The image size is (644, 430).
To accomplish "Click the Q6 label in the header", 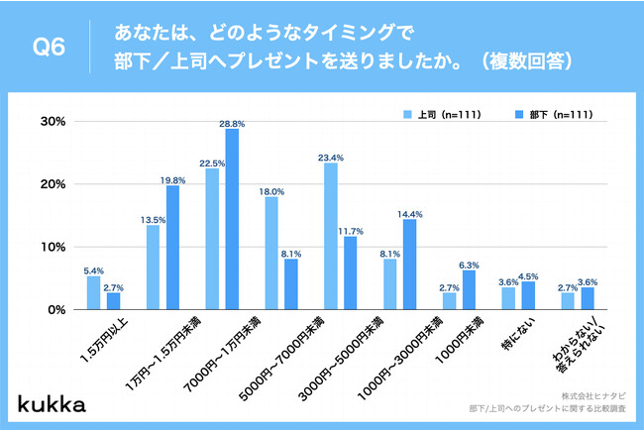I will [49, 48].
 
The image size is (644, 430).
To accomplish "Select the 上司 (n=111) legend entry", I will [442, 114].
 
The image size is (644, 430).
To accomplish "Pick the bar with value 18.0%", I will [271, 253].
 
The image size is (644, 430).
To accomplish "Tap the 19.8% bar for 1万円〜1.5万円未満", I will [172, 248].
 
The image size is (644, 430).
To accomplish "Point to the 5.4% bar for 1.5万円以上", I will [93, 292].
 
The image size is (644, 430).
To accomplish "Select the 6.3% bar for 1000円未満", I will [469, 289].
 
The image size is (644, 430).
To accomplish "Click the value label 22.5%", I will [212, 161].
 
